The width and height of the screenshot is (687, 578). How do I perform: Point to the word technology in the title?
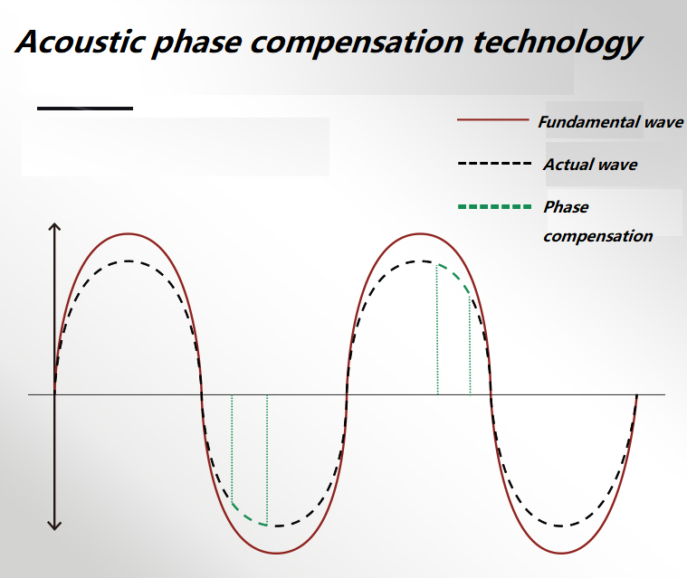(x=558, y=44)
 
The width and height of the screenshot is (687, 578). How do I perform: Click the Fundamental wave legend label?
(x=611, y=122)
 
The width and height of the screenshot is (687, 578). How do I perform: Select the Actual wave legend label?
(x=591, y=165)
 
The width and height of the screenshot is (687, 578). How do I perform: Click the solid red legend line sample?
(x=493, y=119)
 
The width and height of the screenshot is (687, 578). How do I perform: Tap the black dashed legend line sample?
(x=494, y=164)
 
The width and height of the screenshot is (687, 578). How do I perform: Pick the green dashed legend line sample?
(x=494, y=206)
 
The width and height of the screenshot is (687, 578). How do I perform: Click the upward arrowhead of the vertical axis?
(x=54, y=226)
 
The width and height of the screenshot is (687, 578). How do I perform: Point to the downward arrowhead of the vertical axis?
(x=54, y=526)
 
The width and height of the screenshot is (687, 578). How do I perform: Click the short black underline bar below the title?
(x=85, y=109)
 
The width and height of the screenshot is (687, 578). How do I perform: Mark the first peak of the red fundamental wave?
(x=128, y=234)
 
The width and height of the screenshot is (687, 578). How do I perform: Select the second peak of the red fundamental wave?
(x=420, y=234)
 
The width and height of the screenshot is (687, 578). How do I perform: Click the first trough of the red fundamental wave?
(x=276, y=554)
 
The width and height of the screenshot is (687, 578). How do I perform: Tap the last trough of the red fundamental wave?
(x=562, y=554)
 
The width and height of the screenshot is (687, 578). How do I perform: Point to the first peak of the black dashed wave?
(x=128, y=261)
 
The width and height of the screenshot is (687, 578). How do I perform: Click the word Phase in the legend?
(x=566, y=207)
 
